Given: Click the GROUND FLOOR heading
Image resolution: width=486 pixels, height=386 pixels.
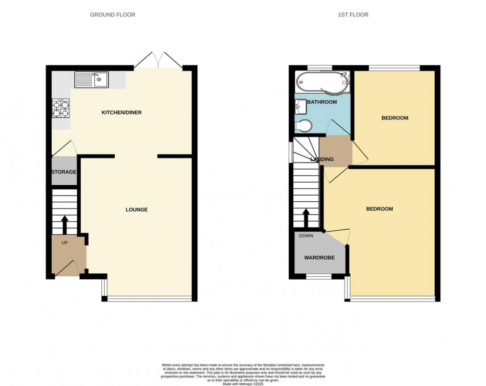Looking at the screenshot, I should (x=113, y=14).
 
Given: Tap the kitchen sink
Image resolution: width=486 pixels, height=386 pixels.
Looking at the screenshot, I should (x=92, y=80).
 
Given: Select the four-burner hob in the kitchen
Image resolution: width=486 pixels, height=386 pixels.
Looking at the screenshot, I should (x=60, y=108).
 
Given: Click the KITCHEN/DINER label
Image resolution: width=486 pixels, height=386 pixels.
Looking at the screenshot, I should (x=121, y=113).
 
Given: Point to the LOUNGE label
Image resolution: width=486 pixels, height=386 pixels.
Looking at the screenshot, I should (x=136, y=210).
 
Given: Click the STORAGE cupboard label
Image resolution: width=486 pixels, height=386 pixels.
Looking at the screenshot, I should (x=64, y=172).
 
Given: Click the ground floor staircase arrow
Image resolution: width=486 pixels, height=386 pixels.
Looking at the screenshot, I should (x=64, y=223).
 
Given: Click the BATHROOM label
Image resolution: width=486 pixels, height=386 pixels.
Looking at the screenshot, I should (x=322, y=102).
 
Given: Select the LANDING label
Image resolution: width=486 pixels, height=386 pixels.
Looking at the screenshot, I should (x=322, y=159).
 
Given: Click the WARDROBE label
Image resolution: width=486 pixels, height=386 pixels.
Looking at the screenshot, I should (x=319, y=258).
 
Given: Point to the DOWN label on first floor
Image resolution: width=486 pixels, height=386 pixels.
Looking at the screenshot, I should (x=306, y=235).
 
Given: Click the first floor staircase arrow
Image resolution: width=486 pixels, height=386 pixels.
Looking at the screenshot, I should (x=306, y=218).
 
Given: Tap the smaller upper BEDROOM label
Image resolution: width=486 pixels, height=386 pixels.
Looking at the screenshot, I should (x=394, y=118).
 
